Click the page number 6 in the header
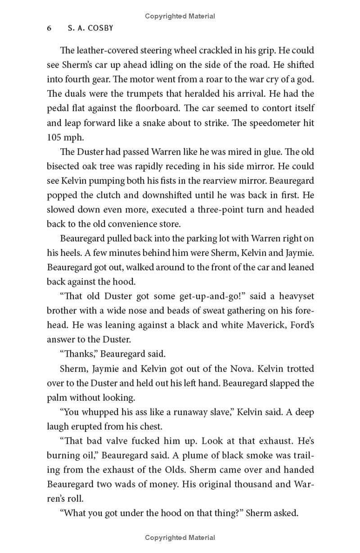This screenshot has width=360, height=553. click(x=49, y=28)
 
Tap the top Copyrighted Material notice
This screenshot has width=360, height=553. click(x=180, y=16)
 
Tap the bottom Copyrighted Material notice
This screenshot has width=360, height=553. click(x=180, y=537)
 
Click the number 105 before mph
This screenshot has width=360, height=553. click(x=55, y=137)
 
